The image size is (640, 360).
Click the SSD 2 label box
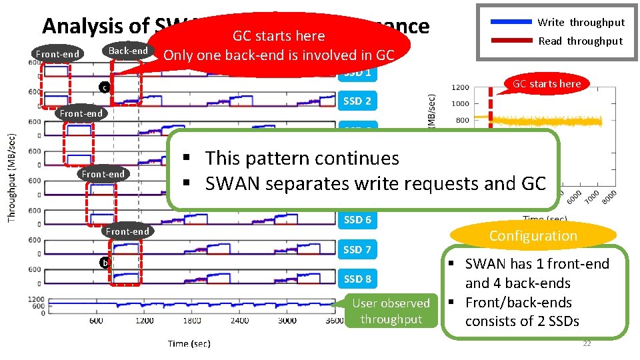click(357, 101)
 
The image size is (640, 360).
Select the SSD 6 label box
click(357, 219)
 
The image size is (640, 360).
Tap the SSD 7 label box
click(357, 249)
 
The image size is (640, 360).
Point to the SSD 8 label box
click(357, 279)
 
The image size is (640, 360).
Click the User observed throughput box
click(391, 311)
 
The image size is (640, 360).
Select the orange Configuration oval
click(533, 235)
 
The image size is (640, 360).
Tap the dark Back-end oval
click(128, 51)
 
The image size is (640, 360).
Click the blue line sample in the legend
click(511, 22)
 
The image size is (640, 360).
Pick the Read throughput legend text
click(580, 41)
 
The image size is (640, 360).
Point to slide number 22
click(587, 344)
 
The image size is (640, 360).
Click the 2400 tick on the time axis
click(239, 321)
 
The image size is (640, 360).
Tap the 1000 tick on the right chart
click(459, 104)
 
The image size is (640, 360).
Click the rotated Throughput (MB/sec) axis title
click(12, 178)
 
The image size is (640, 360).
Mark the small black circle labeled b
click(103, 262)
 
